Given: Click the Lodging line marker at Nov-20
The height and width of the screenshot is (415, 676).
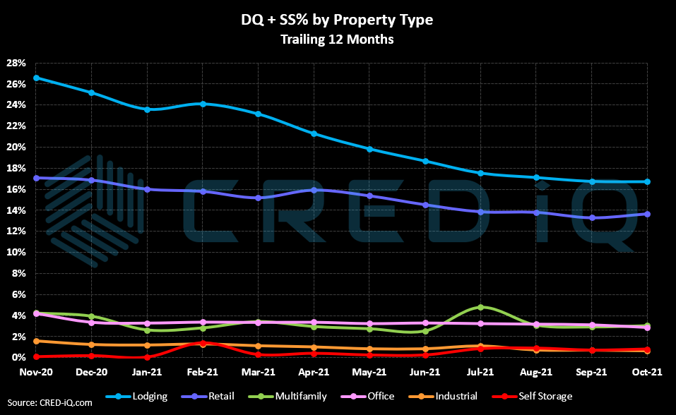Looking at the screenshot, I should point(36,78).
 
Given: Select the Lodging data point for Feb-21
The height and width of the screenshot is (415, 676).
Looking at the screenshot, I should point(203,104).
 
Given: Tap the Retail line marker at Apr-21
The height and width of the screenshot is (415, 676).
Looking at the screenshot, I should point(314,190).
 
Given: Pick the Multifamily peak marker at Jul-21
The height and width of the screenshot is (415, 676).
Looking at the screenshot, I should point(480,307).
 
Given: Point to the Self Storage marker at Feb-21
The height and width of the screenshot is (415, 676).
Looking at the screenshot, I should point(203,343).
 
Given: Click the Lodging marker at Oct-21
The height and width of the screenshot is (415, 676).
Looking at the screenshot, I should point(647,181).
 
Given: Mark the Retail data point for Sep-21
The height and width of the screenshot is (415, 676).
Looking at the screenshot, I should point(592,217).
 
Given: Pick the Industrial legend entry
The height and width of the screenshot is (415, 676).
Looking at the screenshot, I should point(450,397).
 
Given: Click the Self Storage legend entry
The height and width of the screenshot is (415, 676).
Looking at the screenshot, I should point(538,397).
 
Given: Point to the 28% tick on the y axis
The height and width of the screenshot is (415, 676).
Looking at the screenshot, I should point(17,63).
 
